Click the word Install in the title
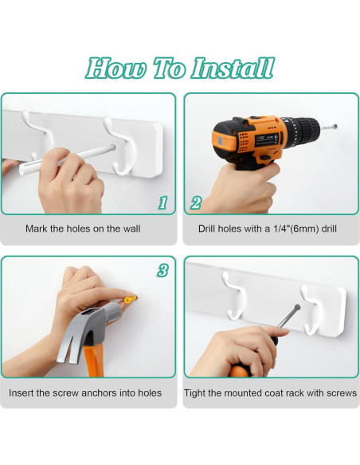[x=232, y=68]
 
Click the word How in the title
[x=116, y=68]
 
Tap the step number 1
[x=162, y=203]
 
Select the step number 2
[x=196, y=203]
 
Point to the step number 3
[x=162, y=271]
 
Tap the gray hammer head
[x=88, y=332]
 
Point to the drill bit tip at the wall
[x=336, y=126]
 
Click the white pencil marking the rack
[x=67, y=159]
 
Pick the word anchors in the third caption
[x=99, y=393]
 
